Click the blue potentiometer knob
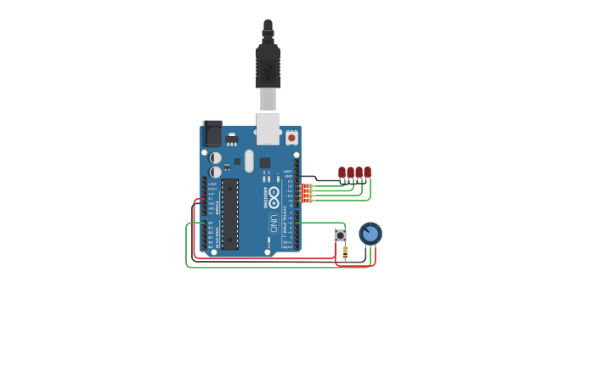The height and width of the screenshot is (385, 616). point(370,233)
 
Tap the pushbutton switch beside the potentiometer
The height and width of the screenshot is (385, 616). point(341,235)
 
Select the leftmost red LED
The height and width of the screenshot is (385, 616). point(342,173)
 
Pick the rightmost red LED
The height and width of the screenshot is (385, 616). point(367,173)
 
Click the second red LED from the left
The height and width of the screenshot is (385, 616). point(350,173)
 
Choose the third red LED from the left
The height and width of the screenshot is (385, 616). point(359,173)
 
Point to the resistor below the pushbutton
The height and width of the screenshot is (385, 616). point(345,252)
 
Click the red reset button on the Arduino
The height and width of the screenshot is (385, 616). point(291,137)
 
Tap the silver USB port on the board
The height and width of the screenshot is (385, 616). point(268,127)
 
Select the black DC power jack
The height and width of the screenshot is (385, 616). point(212,133)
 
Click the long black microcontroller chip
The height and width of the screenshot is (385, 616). point(229,213)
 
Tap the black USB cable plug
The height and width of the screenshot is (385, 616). point(268,64)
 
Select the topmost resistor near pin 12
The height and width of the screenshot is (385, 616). point(308,185)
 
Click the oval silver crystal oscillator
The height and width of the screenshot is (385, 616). point(249,161)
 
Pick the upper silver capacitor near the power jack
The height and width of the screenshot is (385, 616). point(216,158)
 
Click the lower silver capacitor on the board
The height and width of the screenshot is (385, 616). point(216,172)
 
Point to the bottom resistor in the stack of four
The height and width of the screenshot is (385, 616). point(308,201)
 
